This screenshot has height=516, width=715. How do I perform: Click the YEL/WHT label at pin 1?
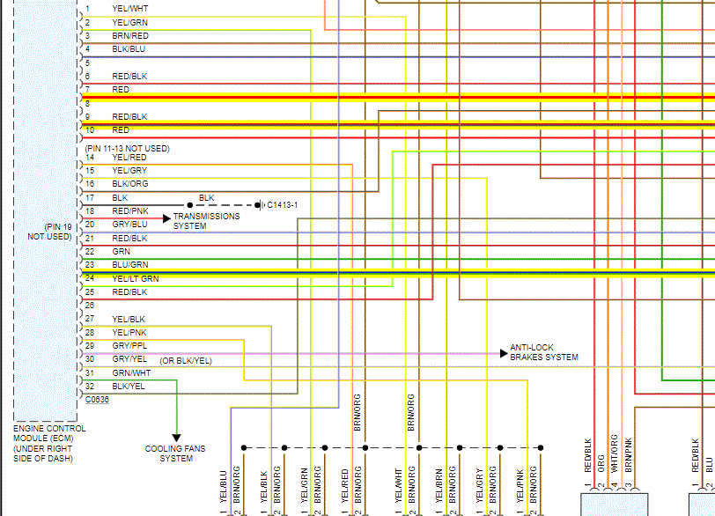pyautogui.click(x=129, y=9)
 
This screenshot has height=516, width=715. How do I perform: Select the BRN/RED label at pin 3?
pyautogui.click(x=130, y=35)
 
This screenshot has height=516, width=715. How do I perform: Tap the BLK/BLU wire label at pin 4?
pyautogui.click(x=129, y=49)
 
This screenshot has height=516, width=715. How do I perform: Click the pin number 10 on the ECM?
pyautogui.click(x=88, y=129)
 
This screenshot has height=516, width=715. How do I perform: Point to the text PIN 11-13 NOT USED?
pyautogui.click(x=127, y=148)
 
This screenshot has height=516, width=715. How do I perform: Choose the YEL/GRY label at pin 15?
pyautogui.click(x=129, y=170)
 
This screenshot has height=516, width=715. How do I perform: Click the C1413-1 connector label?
pyautogui.click(x=282, y=205)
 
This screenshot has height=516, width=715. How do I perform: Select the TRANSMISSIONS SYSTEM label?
pyautogui.click(x=205, y=221)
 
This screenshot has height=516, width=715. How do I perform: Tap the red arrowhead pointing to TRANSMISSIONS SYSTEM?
pyautogui.click(x=166, y=217)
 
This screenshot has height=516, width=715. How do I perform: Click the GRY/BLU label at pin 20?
pyautogui.click(x=129, y=225)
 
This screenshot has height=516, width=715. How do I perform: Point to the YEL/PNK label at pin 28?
pyautogui.click(x=129, y=333)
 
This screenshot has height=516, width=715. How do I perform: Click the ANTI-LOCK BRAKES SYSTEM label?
pyautogui.click(x=544, y=353)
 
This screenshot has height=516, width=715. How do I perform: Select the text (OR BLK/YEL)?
pyautogui.click(x=186, y=361)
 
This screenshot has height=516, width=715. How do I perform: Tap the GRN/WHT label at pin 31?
pyautogui.click(x=130, y=373)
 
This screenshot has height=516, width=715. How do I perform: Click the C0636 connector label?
pyautogui.click(x=98, y=399)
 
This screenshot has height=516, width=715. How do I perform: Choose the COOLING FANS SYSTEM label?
pyautogui.click(x=175, y=453)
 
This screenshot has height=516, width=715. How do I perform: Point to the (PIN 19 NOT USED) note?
pyautogui.click(x=49, y=232)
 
